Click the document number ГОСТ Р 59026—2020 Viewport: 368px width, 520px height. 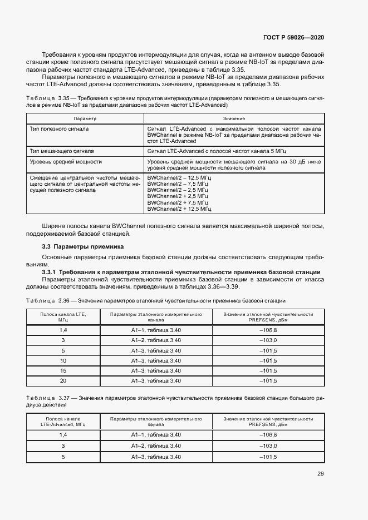(293, 37)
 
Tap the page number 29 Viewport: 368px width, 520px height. (321, 474)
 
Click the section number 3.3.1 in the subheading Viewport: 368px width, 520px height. (49, 271)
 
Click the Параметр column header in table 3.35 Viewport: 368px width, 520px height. (85, 119)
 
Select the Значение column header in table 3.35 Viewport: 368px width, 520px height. (234, 119)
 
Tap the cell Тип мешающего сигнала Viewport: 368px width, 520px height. (61, 151)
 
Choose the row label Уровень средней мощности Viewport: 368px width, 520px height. (65, 161)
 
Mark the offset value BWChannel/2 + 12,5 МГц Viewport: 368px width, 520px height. (179, 209)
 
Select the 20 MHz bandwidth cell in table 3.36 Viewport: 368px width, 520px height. (63, 380)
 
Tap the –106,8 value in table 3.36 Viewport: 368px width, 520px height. (269, 330)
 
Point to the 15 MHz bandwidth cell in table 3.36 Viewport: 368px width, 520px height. (63, 370)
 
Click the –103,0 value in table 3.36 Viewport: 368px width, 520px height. (269, 340)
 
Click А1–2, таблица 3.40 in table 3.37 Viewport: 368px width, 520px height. (156, 446)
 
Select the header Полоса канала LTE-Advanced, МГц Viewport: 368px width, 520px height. (63, 421)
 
